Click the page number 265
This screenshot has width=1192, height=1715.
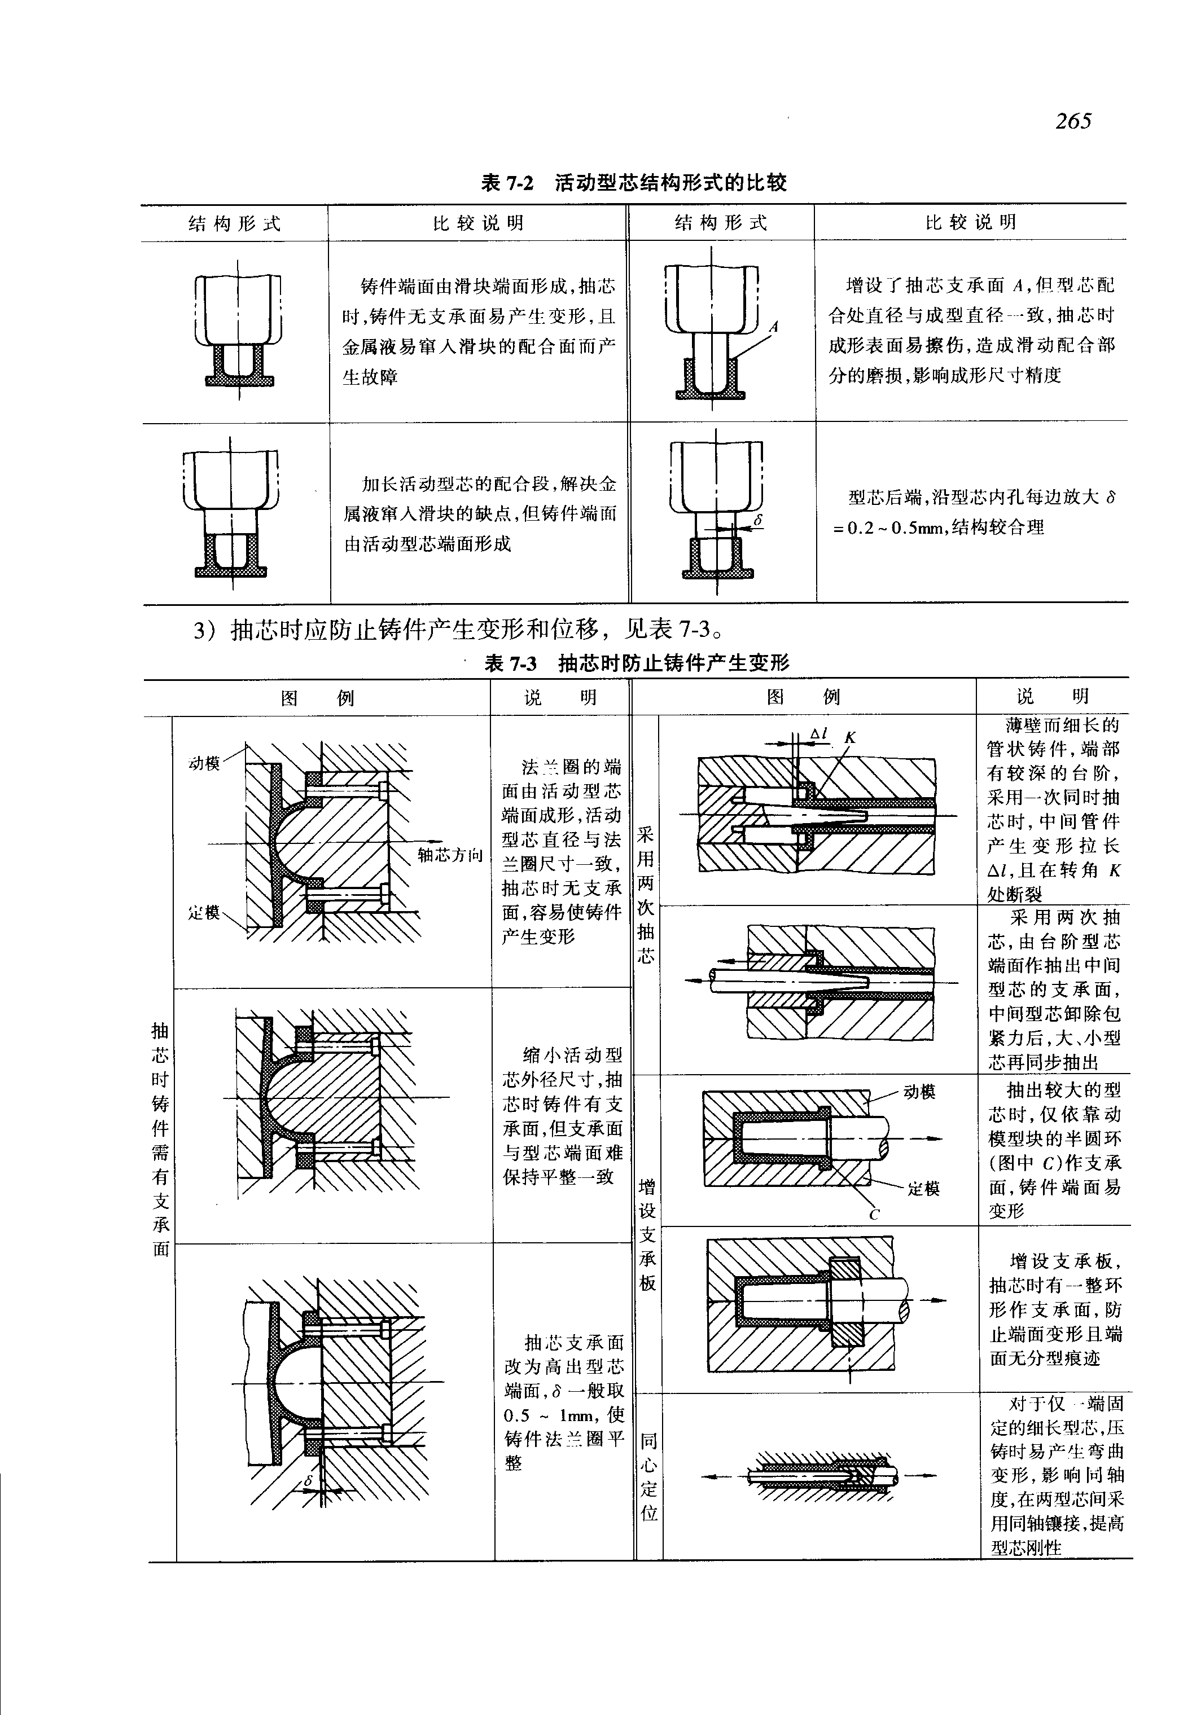1073,120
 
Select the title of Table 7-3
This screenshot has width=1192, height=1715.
637,662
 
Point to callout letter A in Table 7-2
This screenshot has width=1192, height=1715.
774,326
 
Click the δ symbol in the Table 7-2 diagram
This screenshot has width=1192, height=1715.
757,520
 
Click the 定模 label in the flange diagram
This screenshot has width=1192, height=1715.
204,912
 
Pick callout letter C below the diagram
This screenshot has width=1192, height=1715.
874,1215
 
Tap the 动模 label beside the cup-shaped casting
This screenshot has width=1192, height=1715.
919,1092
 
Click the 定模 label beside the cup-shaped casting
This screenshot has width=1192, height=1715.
924,1189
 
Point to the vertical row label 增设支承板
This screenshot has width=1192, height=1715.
647,1234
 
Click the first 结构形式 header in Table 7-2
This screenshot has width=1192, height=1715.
235,224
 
